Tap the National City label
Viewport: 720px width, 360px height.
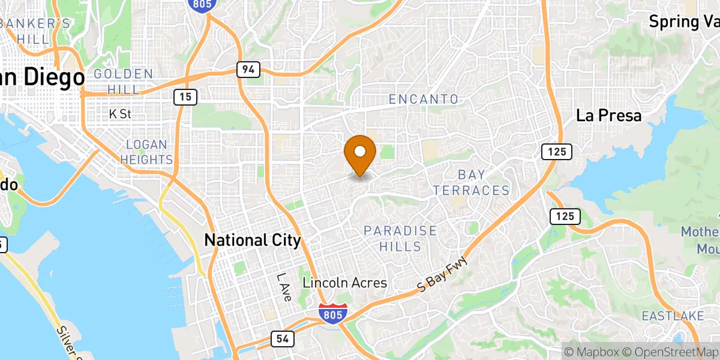click(x=252, y=241)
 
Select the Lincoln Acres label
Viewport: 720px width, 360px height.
click(x=344, y=283)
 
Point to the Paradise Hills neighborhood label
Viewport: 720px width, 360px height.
click(x=400, y=238)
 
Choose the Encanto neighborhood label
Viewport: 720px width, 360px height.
click(x=424, y=99)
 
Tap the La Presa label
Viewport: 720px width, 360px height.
click(x=608, y=116)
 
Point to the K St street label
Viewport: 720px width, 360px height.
click(x=120, y=113)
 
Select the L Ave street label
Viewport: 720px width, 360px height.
click(x=283, y=287)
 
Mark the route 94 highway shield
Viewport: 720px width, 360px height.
click(x=248, y=70)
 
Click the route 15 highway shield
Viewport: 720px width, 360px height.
click(x=185, y=96)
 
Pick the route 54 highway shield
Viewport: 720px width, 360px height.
click(x=282, y=339)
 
